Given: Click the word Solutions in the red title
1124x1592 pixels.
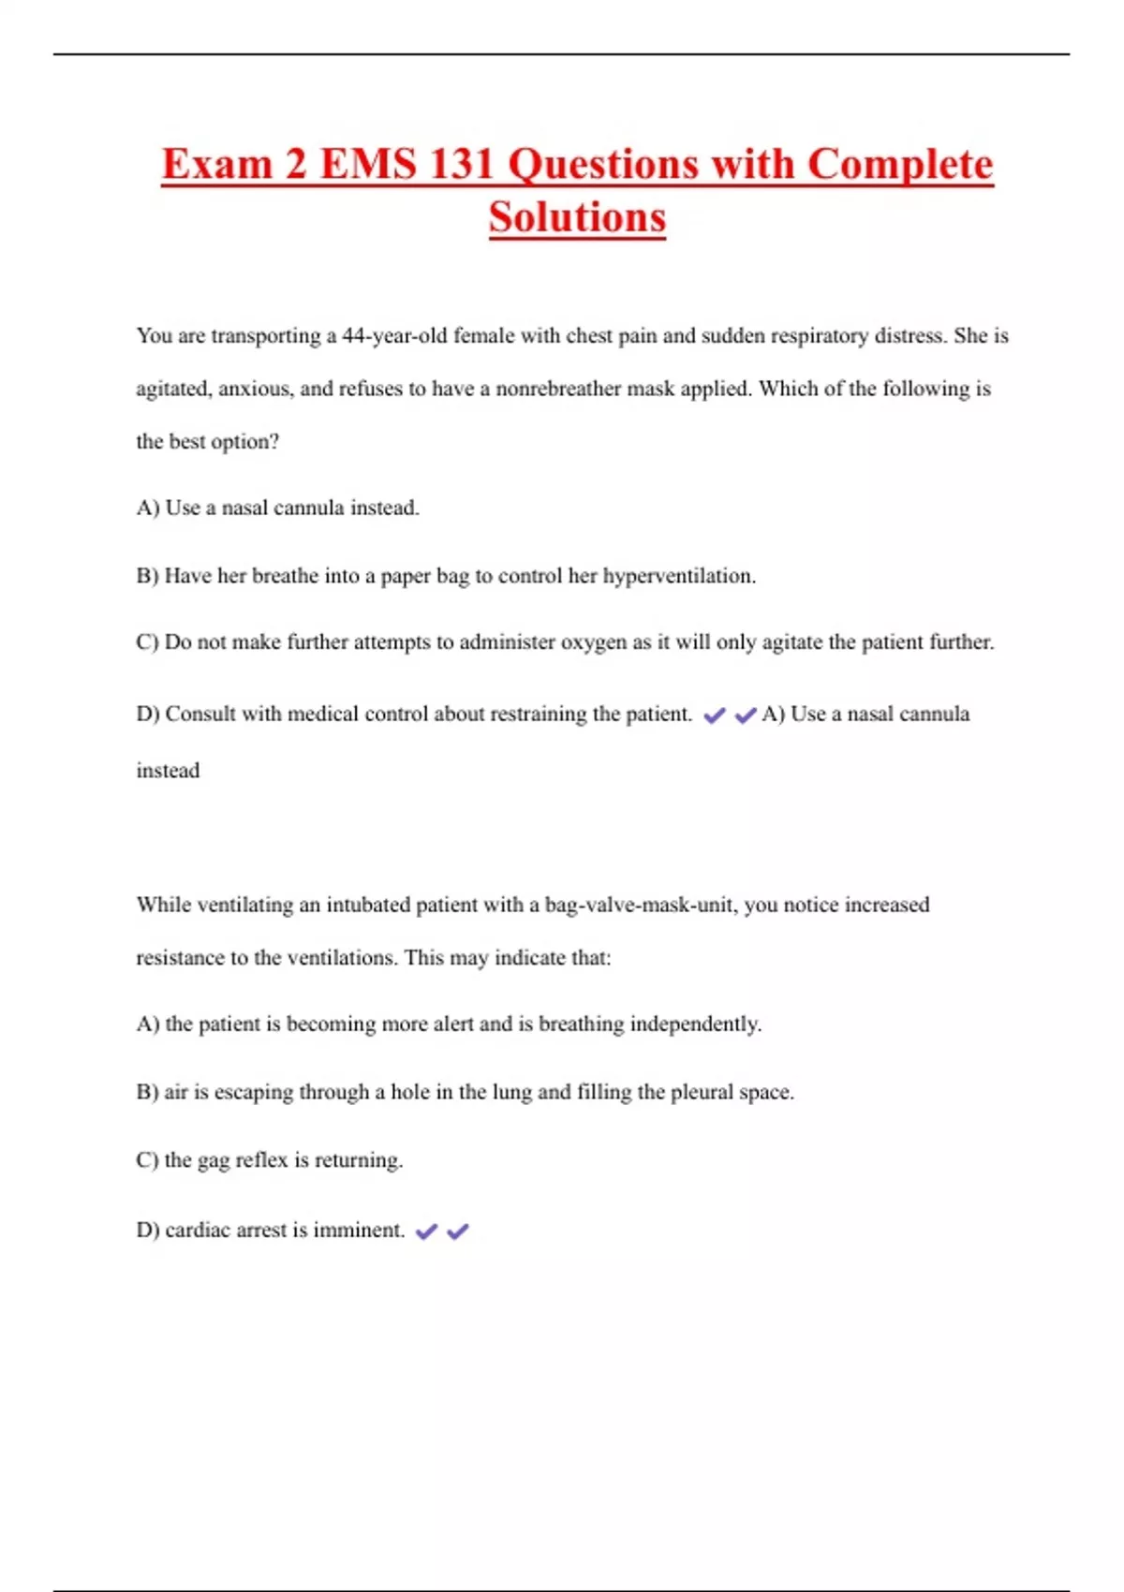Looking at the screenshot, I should [x=577, y=217].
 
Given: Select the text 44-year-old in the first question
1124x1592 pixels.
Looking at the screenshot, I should [x=394, y=335].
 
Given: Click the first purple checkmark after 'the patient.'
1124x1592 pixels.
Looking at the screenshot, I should [x=714, y=715].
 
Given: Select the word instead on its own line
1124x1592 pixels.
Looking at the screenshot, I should [x=168, y=770].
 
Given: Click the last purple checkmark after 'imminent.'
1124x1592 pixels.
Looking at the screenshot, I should [x=457, y=1231].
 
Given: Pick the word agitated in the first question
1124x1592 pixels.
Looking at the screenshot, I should [x=172, y=389].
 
